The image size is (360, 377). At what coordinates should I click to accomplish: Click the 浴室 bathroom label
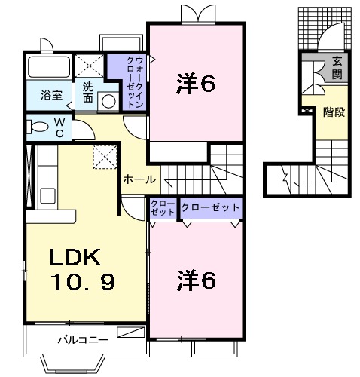click(52, 95)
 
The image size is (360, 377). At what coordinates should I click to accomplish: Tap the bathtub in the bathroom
click(49, 67)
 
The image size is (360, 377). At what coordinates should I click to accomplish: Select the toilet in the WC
click(38, 127)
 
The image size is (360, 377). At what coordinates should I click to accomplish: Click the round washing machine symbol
click(108, 101)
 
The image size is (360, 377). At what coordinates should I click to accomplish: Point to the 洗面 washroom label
click(88, 93)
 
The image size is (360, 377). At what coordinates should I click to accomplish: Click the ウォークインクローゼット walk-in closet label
click(135, 82)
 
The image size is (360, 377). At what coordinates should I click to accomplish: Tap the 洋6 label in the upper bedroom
click(196, 84)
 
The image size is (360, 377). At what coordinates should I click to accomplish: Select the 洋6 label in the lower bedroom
click(197, 280)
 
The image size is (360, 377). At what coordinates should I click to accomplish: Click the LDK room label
click(75, 257)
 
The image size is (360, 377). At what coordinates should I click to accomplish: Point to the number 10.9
click(83, 281)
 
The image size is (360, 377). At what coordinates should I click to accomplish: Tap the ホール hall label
click(139, 179)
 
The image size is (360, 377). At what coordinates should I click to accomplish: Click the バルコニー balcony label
click(84, 340)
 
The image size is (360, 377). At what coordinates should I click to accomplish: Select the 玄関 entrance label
click(337, 67)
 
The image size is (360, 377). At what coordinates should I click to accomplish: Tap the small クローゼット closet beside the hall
click(163, 208)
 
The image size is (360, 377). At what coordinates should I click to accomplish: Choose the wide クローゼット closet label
click(210, 207)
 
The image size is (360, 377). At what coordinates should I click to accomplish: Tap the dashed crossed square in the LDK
click(105, 157)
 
